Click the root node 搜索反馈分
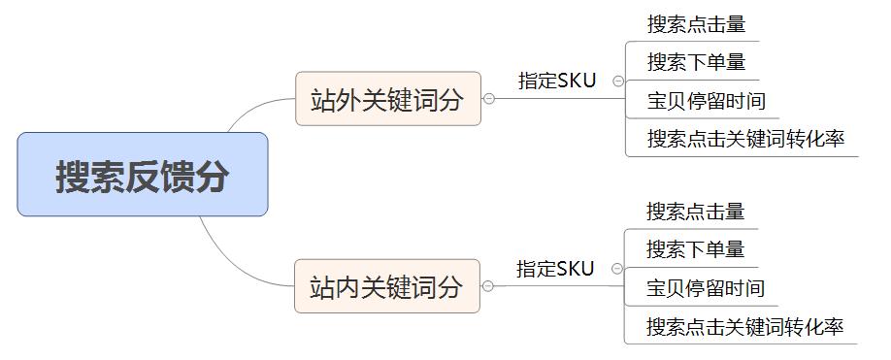[x=142, y=175]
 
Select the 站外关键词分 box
[x=387, y=99]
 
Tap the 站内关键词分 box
[x=386, y=286]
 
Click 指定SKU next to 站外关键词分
[x=557, y=82]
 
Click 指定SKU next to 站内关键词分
[x=555, y=269]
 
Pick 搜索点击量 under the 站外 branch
[x=696, y=25]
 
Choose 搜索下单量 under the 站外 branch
[x=696, y=63]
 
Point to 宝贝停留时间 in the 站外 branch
[x=707, y=101]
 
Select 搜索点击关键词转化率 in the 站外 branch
[x=745, y=139]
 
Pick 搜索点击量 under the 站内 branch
[x=695, y=212]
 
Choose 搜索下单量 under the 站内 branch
[x=695, y=249]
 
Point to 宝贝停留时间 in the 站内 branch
[x=706, y=288]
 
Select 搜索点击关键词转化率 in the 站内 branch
[x=744, y=326]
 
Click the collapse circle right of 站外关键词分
[x=489, y=99]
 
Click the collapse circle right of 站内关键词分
[x=488, y=286]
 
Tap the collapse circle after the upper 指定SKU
[x=618, y=82]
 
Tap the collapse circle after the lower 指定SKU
[x=617, y=269]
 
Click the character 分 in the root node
[x=213, y=177]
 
